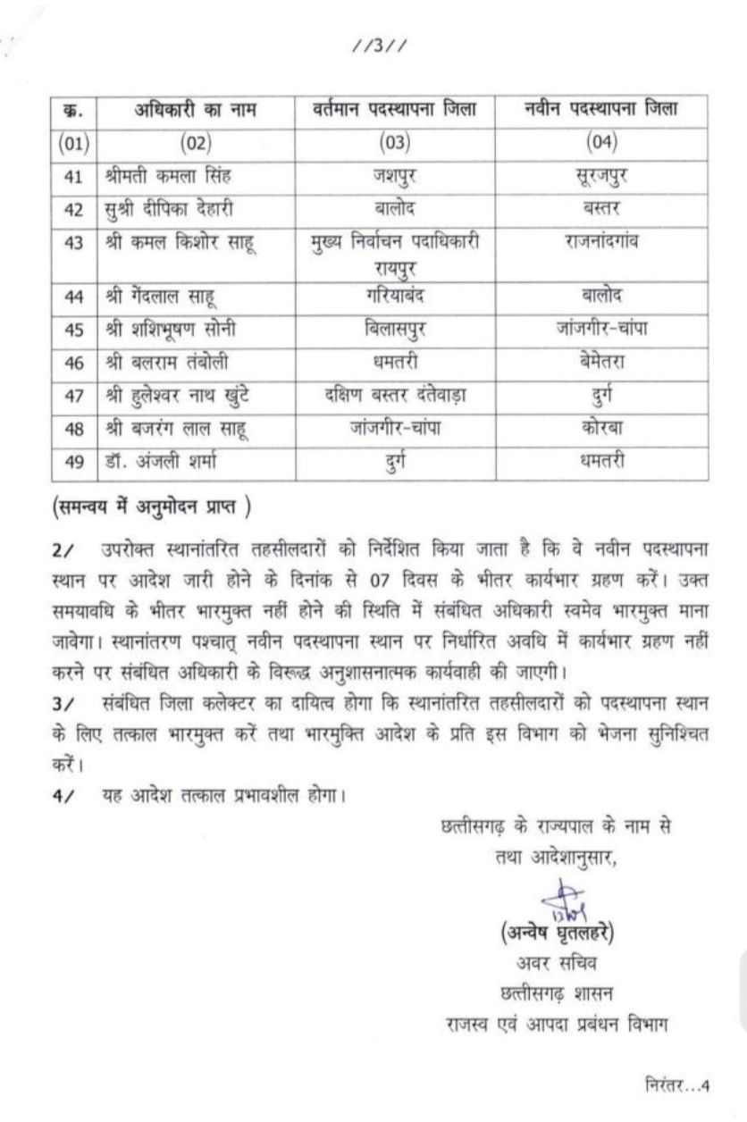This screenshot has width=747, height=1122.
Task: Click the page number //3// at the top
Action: click(x=379, y=46)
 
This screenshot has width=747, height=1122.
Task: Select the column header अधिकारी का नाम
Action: click(x=196, y=111)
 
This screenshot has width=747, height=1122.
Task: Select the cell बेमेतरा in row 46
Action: click(x=600, y=362)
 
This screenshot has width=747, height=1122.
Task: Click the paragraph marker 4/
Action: click(x=62, y=793)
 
